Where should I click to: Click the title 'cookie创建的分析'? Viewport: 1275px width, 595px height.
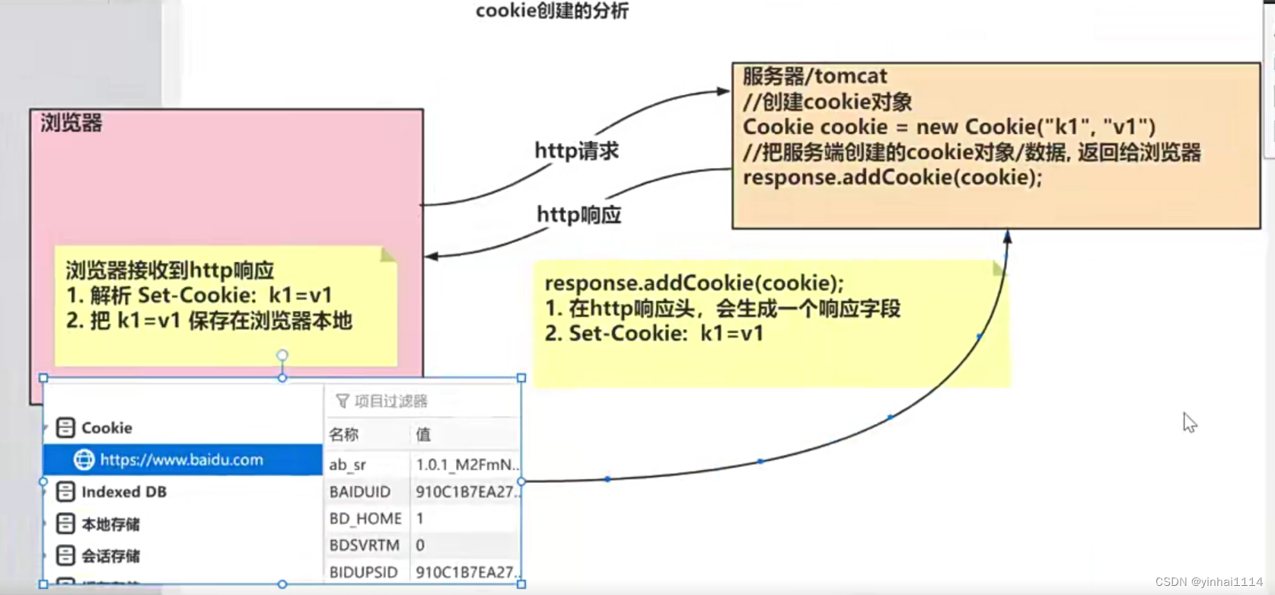click(552, 11)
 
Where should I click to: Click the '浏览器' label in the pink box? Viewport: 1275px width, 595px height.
click(72, 123)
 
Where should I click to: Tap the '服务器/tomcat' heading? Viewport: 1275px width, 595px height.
click(814, 76)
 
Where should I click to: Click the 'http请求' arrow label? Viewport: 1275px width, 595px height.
click(576, 151)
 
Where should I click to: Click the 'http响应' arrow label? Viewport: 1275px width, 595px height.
click(579, 215)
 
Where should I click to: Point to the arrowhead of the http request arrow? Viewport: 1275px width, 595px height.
click(723, 91)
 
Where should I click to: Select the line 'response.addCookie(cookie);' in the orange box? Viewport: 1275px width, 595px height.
click(892, 178)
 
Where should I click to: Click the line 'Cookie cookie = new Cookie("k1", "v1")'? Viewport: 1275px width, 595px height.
click(948, 127)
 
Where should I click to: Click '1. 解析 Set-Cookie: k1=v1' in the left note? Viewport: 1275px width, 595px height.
click(199, 296)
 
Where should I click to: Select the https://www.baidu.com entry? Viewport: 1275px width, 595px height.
click(181, 460)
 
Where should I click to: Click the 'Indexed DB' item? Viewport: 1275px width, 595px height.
click(123, 492)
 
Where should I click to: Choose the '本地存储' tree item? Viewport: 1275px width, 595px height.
click(110, 524)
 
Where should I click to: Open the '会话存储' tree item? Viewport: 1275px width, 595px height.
click(110, 556)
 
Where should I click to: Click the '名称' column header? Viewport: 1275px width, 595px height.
click(344, 435)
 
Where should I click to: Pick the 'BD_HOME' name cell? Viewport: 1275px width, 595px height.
click(365, 519)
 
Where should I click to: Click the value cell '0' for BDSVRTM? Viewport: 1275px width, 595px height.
click(420, 545)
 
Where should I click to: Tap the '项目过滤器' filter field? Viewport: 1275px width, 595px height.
click(390, 401)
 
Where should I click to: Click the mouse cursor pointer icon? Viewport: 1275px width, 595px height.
click(1189, 422)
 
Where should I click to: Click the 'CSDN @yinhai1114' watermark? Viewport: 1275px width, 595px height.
click(1208, 582)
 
